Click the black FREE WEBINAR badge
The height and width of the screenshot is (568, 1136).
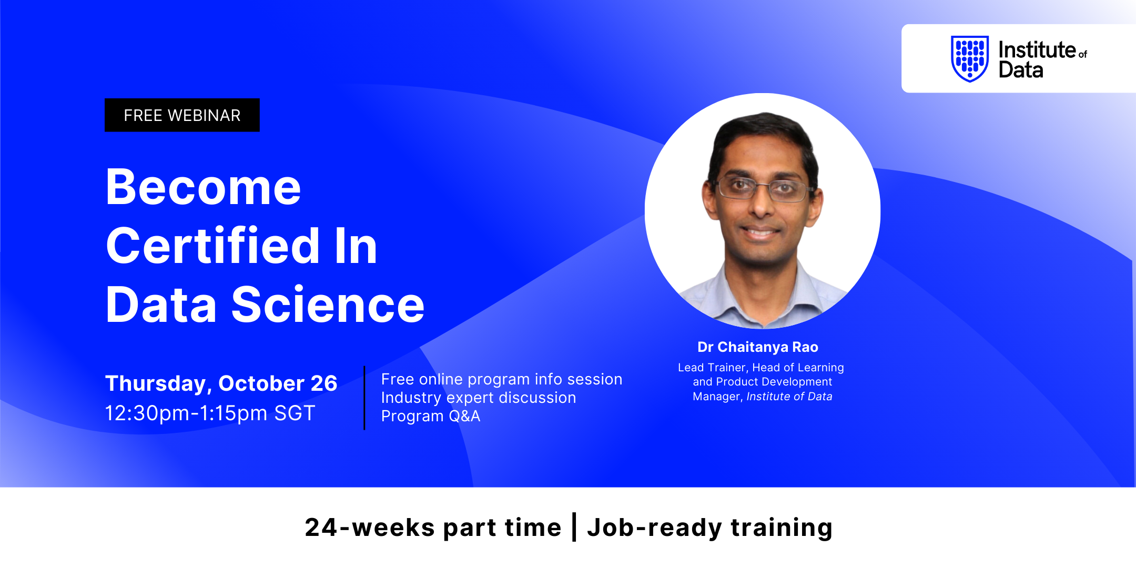pyautogui.click(x=182, y=115)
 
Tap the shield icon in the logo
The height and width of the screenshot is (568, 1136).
pyautogui.click(x=970, y=59)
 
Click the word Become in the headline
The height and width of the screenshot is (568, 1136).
pyautogui.click(x=204, y=187)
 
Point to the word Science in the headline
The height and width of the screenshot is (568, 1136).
pyautogui.click(x=328, y=305)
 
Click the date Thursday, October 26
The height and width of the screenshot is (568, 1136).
pyautogui.click(x=221, y=383)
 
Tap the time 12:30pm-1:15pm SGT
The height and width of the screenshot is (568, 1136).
pyautogui.click(x=210, y=413)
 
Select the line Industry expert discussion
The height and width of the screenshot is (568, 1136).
pyautogui.click(x=479, y=398)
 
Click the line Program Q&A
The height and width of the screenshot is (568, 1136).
pyautogui.click(x=431, y=416)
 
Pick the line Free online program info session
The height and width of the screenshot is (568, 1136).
pyautogui.click(x=502, y=379)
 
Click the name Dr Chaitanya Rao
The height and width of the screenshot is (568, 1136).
pyautogui.click(x=758, y=347)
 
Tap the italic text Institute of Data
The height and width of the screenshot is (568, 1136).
pyautogui.click(x=789, y=397)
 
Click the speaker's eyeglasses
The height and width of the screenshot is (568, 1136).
pyautogui.click(x=764, y=188)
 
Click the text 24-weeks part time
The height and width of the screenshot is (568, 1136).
pyautogui.click(x=433, y=528)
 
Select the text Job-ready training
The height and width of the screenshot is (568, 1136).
pyautogui.click(x=710, y=528)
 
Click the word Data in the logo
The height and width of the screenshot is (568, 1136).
pyautogui.click(x=1021, y=70)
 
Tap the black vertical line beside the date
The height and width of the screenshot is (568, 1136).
pyautogui.click(x=364, y=398)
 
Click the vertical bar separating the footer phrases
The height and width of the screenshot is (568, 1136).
pyautogui.click(x=574, y=527)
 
